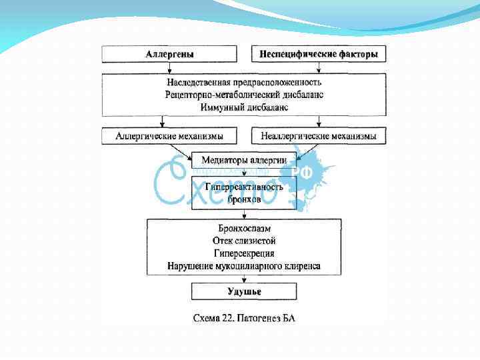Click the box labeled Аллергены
click(x=169, y=54)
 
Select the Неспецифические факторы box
click(x=319, y=54)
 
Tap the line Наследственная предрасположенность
click(x=244, y=82)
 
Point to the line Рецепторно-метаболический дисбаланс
click(x=244, y=94)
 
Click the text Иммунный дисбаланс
click(x=244, y=106)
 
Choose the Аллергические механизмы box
click(x=169, y=137)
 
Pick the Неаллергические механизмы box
click(x=319, y=137)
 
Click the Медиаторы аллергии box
click(x=244, y=160)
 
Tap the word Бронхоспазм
click(x=244, y=228)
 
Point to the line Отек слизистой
click(x=244, y=241)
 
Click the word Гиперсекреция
click(x=244, y=253)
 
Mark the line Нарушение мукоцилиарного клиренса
click(x=244, y=266)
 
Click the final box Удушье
click(x=244, y=292)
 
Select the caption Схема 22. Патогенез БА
click(x=244, y=318)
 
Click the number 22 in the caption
click(x=229, y=318)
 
